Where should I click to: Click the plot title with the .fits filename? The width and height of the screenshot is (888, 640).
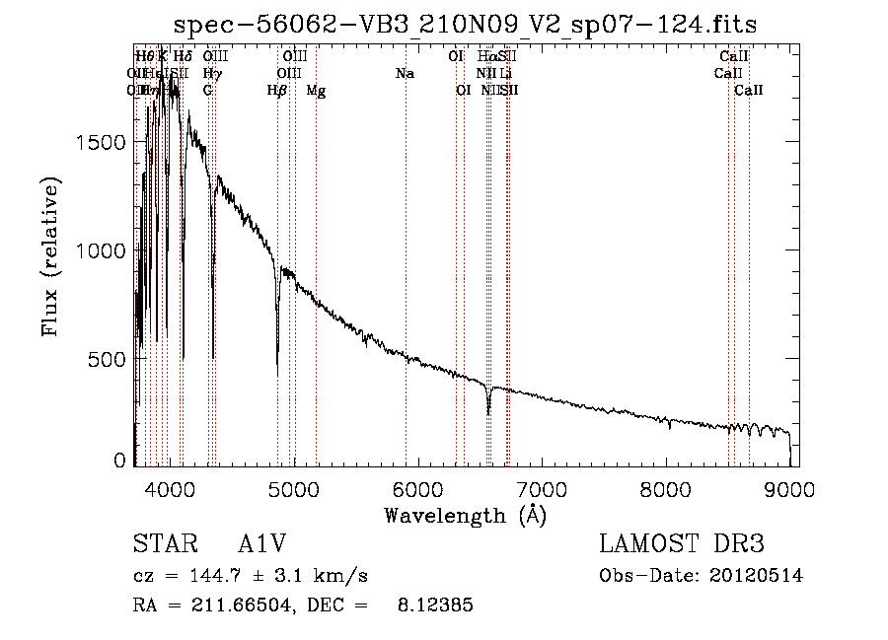[x=465, y=25]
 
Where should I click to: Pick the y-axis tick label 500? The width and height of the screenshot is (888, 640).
[x=109, y=360]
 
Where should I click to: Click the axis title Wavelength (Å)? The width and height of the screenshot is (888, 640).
[x=465, y=515]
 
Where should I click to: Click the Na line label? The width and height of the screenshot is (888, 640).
[x=405, y=74]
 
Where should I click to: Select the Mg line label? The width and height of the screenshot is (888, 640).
[x=316, y=91]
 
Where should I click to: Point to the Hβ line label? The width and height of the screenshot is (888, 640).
[x=277, y=91]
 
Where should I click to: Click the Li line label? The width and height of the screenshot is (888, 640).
[x=505, y=74]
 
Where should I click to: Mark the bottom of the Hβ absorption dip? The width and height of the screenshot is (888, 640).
[x=277, y=373]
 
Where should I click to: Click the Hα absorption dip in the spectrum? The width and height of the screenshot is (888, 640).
[x=488, y=412]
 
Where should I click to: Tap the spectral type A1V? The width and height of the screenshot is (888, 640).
[x=262, y=544]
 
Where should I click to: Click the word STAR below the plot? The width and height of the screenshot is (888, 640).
[x=162, y=544]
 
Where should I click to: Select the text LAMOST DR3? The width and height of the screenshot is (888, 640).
[x=682, y=544]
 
